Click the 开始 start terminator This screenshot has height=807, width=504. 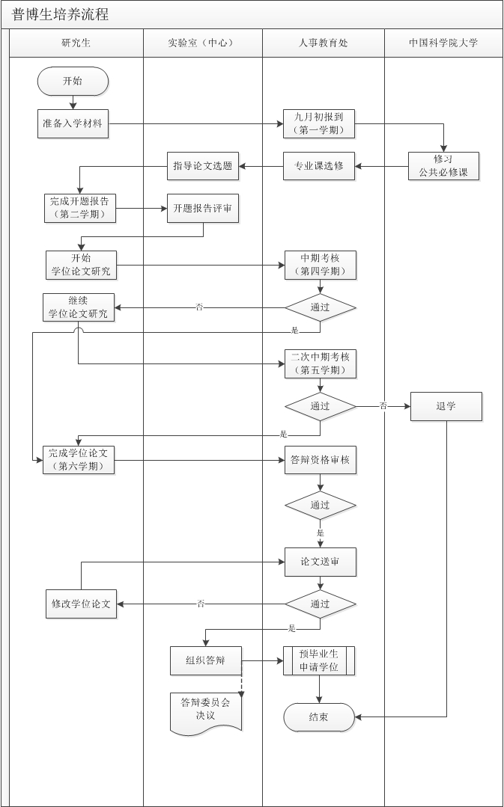coord(73,81)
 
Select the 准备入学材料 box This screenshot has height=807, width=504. coord(73,124)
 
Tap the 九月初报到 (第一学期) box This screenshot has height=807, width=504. coord(319,124)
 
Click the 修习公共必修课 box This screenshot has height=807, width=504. coord(443,166)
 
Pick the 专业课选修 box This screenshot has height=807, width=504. coord(319,166)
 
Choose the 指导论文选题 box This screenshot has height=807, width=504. coord(202,166)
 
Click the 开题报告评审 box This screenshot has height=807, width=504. coord(202,209)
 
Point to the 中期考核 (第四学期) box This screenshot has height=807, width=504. coord(320,265)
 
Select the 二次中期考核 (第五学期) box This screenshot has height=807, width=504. coord(320,363)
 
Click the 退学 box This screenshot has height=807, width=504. coord(446,406)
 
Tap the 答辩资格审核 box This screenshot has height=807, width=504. coord(320,459)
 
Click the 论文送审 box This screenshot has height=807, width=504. coord(320,562)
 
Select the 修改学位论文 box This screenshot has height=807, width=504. coord(81,604)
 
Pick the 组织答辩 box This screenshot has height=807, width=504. coord(205,660)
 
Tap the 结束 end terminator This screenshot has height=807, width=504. coord(318,717)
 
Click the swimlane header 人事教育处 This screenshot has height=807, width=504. coord(323,43)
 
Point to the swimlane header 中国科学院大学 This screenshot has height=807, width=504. coord(443,43)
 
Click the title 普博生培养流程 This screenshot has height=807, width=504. coord(61,15)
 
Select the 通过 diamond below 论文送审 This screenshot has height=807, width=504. coord(320,604)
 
